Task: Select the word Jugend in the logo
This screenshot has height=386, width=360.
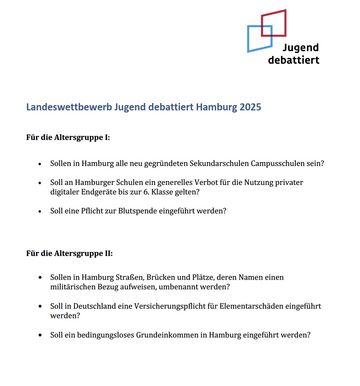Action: click(301, 48)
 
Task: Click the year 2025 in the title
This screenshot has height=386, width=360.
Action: click(250, 107)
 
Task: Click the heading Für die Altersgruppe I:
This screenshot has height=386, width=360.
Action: click(68, 137)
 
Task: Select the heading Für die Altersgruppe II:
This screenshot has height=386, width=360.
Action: click(69, 253)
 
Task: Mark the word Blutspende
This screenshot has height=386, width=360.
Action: click(138, 211)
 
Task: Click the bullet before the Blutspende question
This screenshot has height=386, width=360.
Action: click(40, 212)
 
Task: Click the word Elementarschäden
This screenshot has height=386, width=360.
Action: click(250, 306)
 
